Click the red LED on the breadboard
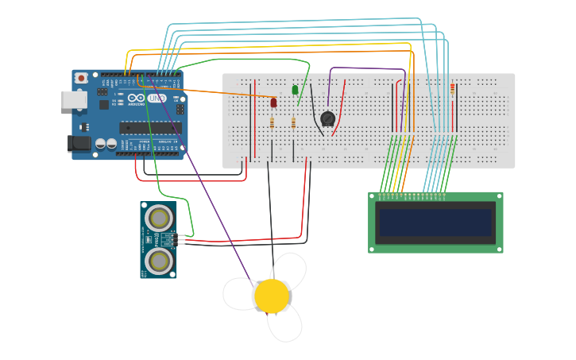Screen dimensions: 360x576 pyautogui.click(x=274, y=103)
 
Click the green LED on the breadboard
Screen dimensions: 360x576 pyautogui.click(x=296, y=90)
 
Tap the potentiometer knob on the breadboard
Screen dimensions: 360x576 pyautogui.click(x=327, y=119)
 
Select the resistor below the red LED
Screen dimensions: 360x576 pyautogui.click(x=273, y=122)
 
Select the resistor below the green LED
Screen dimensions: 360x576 pyautogui.click(x=293, y=122)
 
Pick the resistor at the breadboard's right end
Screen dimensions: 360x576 pyautogui.click(x=453, y=88)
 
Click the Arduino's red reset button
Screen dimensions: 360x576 pyautogui.click(x=81, y=78)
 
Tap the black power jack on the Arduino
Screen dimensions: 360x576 pyautogui.click(x=78, y=143)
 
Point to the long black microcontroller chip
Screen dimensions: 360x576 pyautogui.click(x=150, y=127)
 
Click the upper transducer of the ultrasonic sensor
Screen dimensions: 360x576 pyautogui.click(x=159, y=217)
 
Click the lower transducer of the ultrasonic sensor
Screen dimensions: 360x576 pyautogui.click(x=159, y=260)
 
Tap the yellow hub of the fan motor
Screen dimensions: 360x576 pyautogui.click(x=272, y=296)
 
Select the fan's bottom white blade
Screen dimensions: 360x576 pyautogui.click(x=285, y=323)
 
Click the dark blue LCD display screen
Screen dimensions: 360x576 pyautogui.click(x=435, y=223)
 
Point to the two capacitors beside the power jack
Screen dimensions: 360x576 pyautogui.click(x=106, y=144)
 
